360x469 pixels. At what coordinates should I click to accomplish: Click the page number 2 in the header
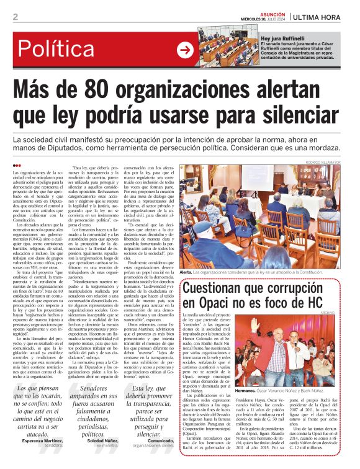15,17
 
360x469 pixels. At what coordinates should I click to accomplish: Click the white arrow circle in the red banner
184,50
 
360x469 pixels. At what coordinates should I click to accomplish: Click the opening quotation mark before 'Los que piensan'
17,389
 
